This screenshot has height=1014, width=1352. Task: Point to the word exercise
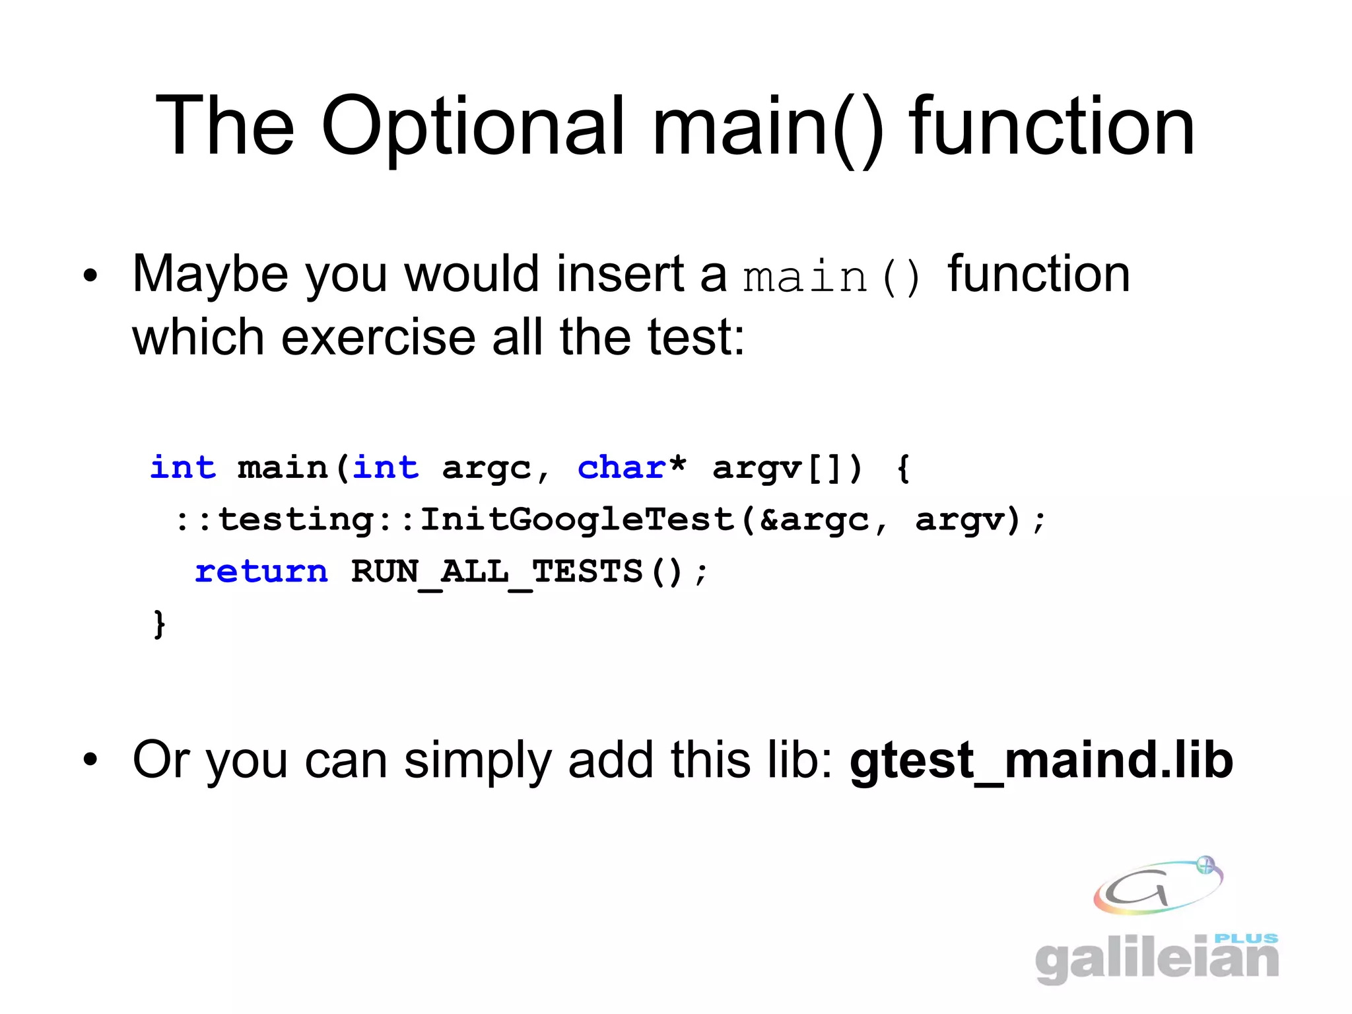(378, 337)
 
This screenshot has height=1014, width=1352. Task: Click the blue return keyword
(261, 572)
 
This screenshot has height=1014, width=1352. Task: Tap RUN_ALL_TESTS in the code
(496, 572)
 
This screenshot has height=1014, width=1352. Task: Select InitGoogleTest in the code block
(578, 520)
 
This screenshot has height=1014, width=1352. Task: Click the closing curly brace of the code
(158, 624)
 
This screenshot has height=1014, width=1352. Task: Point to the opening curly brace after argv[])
(904, 468)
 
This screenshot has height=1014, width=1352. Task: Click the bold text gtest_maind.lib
(1041, 760)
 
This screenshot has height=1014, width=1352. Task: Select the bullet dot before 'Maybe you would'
(90, 275)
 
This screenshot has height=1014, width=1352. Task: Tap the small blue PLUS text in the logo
(1246, 938)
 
